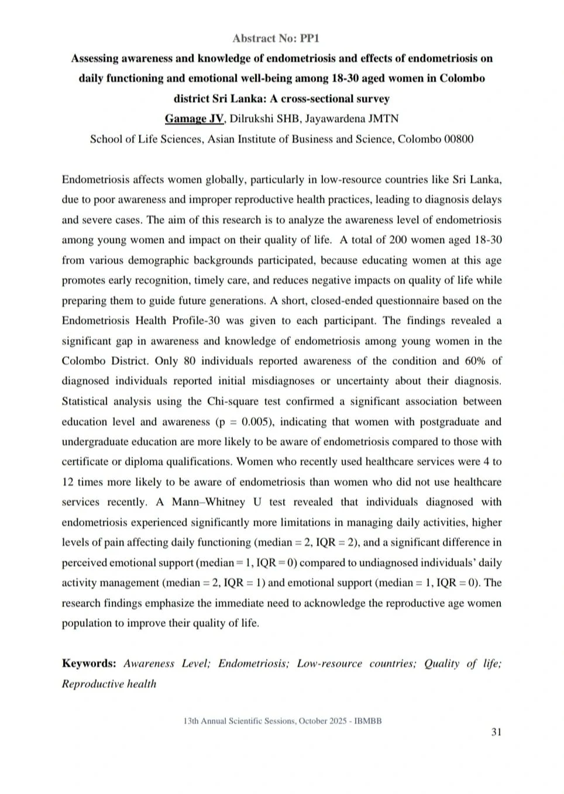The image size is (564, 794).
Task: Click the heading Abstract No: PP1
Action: [x=276, y=39]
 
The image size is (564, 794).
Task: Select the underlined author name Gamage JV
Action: [x=194, y=119]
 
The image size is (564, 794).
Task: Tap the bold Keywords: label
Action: [x=89, y=664]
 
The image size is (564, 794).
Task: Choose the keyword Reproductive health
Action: [x=109, y=684]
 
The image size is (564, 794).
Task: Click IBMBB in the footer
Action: [x=368, y=721]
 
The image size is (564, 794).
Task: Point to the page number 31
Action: [x=496, y=732]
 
